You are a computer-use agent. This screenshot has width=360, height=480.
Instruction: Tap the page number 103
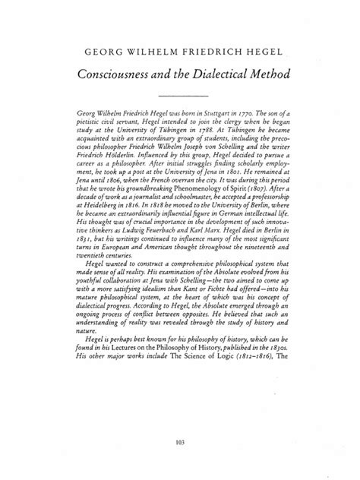coord(180,442)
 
